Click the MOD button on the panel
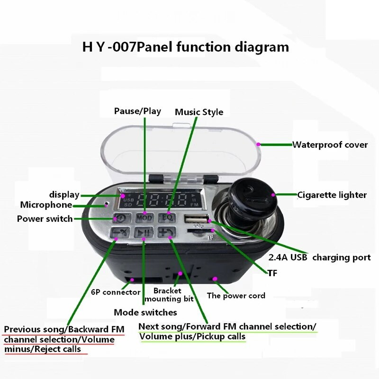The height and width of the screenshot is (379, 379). (x=144, y=218)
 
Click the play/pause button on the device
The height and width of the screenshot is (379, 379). (x=143, y=232)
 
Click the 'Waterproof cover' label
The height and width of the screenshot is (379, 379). (x=330, y=144)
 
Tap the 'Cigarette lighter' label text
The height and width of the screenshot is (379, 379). (x=332, y=194)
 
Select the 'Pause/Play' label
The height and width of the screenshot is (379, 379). (x=137, y=111)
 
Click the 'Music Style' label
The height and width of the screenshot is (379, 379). (x=199, y=112)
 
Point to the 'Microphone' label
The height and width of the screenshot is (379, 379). (x=46, y=205)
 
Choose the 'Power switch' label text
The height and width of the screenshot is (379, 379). (x=45, y=218)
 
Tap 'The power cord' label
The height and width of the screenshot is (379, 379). (x=236, y=296)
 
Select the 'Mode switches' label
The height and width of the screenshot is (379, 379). (x=145, y=312)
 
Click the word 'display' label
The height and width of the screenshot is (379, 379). (x=64, y=194)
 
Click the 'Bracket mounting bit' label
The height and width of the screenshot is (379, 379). (x=169, y=295)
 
